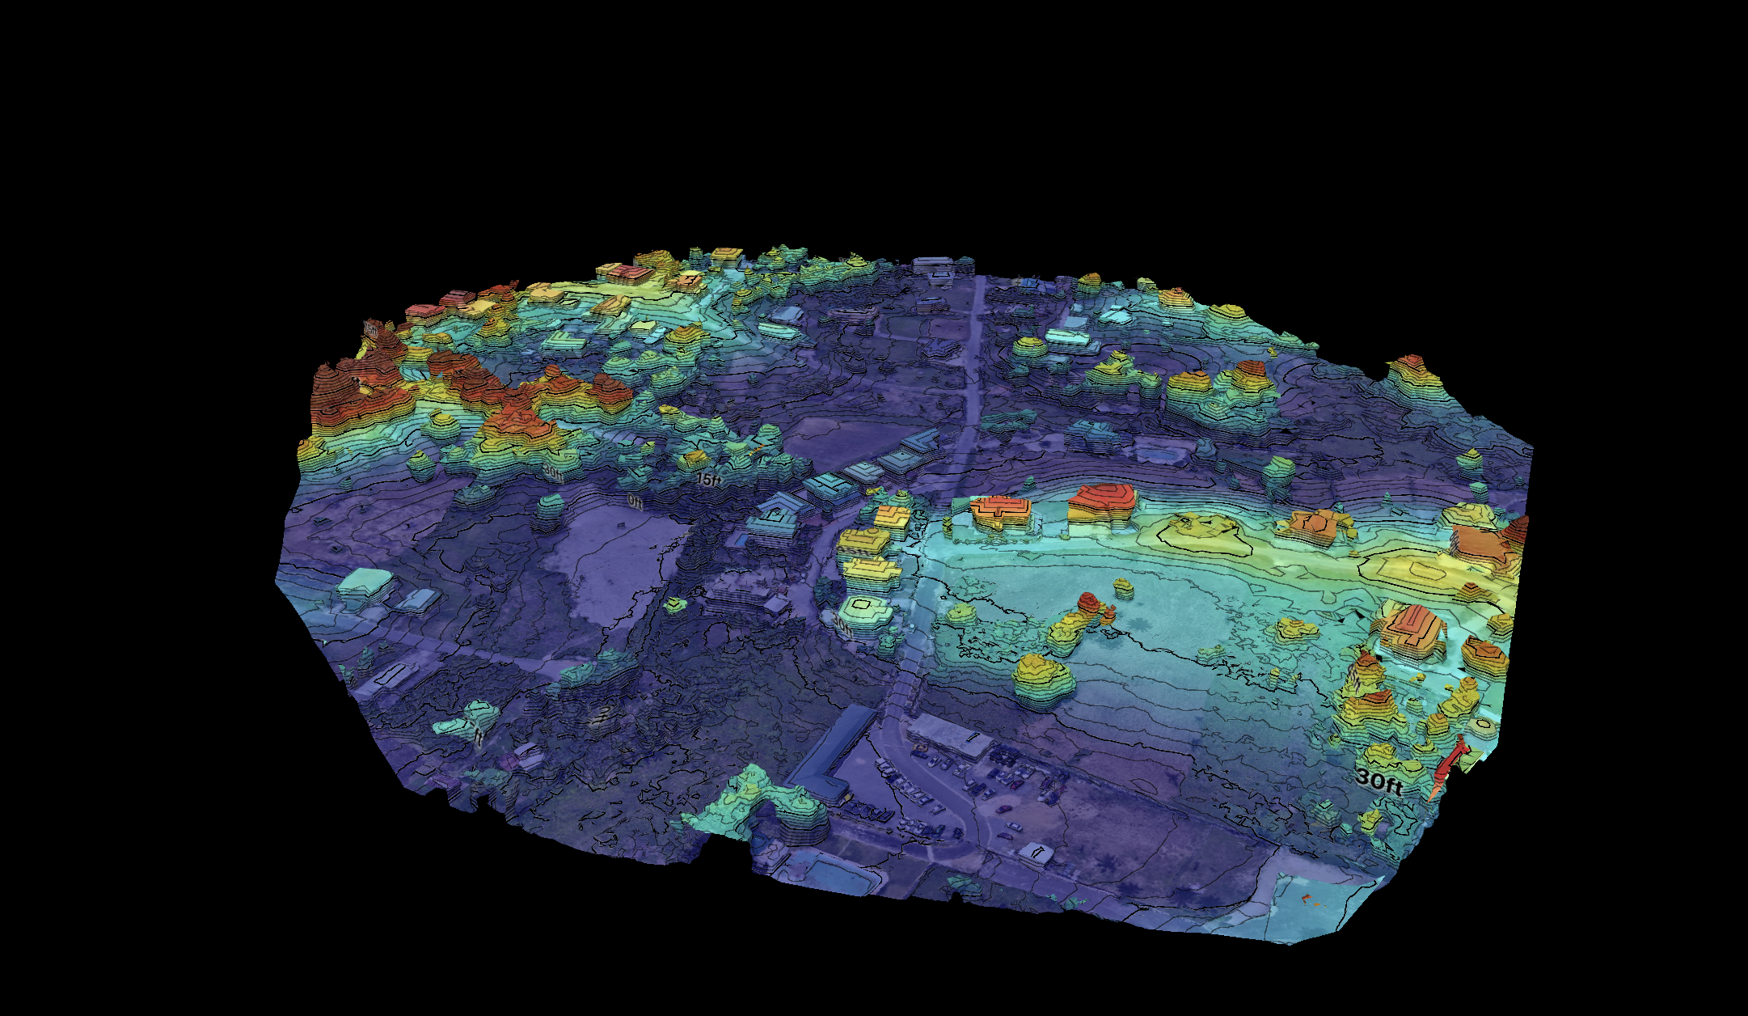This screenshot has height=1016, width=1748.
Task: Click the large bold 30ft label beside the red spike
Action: tap(1378, 781)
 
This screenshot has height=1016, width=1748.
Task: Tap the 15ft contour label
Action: tap(708, 480)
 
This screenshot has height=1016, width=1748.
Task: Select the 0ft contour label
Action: tap(636, 502)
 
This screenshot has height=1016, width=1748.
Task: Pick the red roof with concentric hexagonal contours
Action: tap(1101, 496)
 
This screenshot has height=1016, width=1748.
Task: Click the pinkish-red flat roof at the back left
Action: tap(623, 273)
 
